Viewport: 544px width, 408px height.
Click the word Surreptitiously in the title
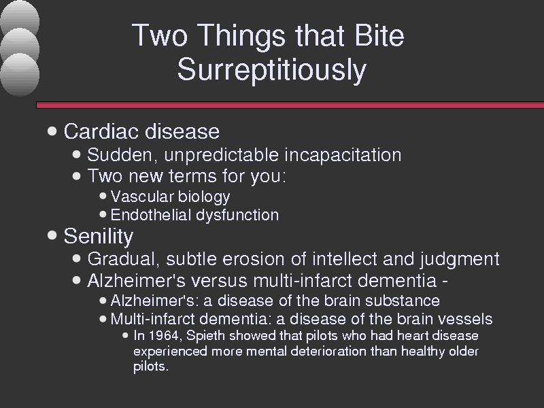tap(271, 70)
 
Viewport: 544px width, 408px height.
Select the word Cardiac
tap(101, 131)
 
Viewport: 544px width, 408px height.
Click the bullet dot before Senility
tap(52, 235)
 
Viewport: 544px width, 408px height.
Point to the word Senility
tap(99, 237)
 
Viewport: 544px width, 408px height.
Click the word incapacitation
tap(343, 155)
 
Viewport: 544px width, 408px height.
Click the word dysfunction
tap(237, 215)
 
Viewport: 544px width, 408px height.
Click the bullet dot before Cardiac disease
tap(52, 131)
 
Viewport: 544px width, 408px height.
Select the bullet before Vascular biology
tap(103, 196)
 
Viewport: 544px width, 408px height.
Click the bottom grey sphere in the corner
tap(20, 74)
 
